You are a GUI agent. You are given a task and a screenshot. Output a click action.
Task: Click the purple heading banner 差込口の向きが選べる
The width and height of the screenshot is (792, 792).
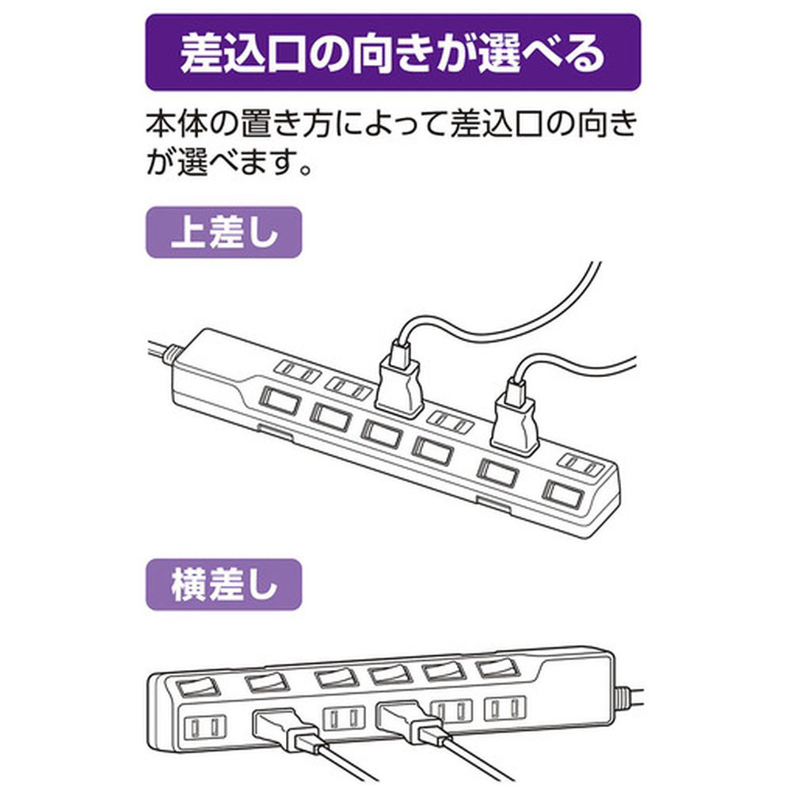coord(393,52)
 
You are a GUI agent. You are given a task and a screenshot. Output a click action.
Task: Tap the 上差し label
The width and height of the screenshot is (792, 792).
coord(224,233)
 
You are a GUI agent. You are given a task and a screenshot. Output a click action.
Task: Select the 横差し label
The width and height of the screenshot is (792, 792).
coord(224,585)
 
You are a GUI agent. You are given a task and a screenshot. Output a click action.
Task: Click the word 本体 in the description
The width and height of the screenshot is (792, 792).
coord(177,124)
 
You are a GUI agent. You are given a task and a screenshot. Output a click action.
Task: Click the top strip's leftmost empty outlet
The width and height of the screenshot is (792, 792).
coord(298,372)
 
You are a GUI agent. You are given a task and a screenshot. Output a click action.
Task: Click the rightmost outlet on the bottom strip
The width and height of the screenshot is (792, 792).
coord(505,707)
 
